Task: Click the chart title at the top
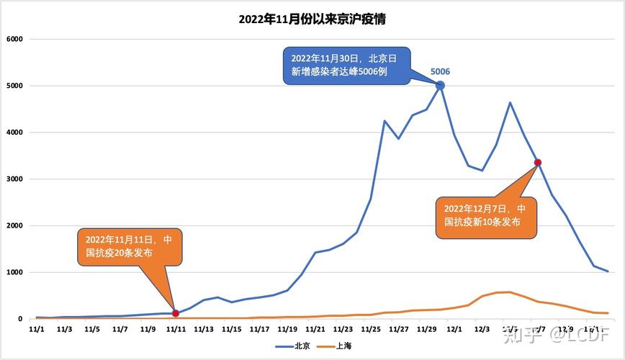[312, 19]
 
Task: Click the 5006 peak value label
[440, 71]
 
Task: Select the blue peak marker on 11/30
[440, 86]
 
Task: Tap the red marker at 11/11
[176, 313]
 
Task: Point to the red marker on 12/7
[537, 162]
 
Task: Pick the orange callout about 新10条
[485, 216]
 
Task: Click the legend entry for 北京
[294, 346]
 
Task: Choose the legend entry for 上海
[336, 346]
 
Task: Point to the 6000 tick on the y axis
[15, 39]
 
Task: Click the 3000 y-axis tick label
[15, 179]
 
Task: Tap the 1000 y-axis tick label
[15, 272]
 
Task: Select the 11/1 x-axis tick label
[36, 329]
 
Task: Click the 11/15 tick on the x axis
[231, 329]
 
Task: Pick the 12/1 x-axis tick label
[454, 329]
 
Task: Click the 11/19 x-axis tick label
[287, 329]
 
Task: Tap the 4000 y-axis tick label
[15, 132]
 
